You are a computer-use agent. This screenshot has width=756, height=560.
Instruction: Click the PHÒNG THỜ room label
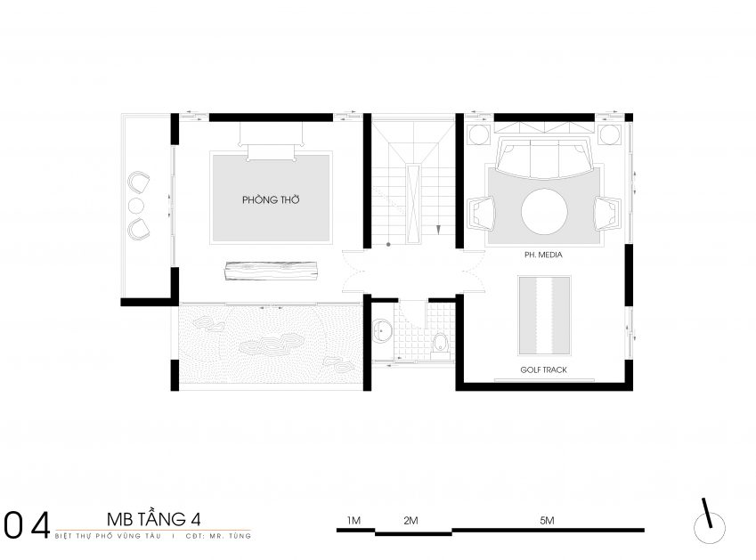(271, 199)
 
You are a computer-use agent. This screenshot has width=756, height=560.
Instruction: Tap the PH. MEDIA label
(543, 255)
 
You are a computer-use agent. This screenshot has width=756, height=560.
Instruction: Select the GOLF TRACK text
(543, 369)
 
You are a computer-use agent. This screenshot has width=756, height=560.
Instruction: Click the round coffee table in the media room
(544, 212)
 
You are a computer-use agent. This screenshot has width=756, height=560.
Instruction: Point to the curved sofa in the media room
(544, 159)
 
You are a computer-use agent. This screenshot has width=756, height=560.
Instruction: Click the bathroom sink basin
(382, 331)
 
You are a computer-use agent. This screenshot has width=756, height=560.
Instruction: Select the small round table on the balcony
(136, 206)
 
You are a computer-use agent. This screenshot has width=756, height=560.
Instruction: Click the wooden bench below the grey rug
(271, 271)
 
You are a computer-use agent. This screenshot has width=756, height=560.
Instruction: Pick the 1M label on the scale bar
(354, 521)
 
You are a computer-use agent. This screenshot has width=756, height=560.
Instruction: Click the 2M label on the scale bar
(411, 521)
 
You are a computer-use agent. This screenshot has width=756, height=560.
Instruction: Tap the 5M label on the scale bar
(547, 521)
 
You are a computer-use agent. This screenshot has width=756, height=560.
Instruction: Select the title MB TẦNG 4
(154, 519)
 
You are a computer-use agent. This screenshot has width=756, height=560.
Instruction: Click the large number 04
(27, 524)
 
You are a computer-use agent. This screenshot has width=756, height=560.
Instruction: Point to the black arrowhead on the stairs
(438, 230)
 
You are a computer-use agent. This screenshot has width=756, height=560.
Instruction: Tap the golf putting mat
(544, 316)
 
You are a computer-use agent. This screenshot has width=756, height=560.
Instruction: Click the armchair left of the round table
(481, 212)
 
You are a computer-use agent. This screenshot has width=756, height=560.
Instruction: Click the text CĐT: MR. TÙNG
(218, 535)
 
